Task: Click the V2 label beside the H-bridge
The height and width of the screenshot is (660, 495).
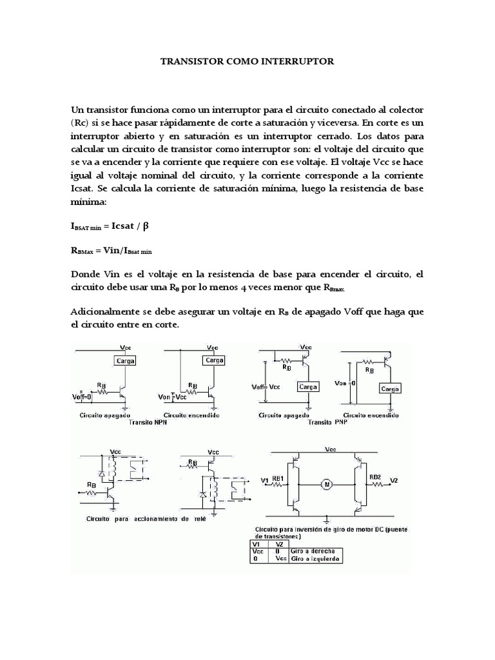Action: [394, 480]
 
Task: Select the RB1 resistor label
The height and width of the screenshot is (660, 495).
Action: [278, 478]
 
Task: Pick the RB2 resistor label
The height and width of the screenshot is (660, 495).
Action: [376, 478]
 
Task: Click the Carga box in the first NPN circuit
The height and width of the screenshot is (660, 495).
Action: [124, 361]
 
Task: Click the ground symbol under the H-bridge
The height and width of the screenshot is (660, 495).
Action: [327, 518]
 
